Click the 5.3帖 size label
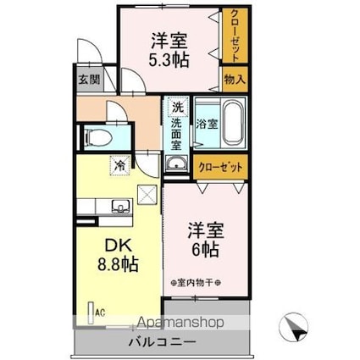(170, 59)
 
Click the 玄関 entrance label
(89, 80)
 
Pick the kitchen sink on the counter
(119, 206)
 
